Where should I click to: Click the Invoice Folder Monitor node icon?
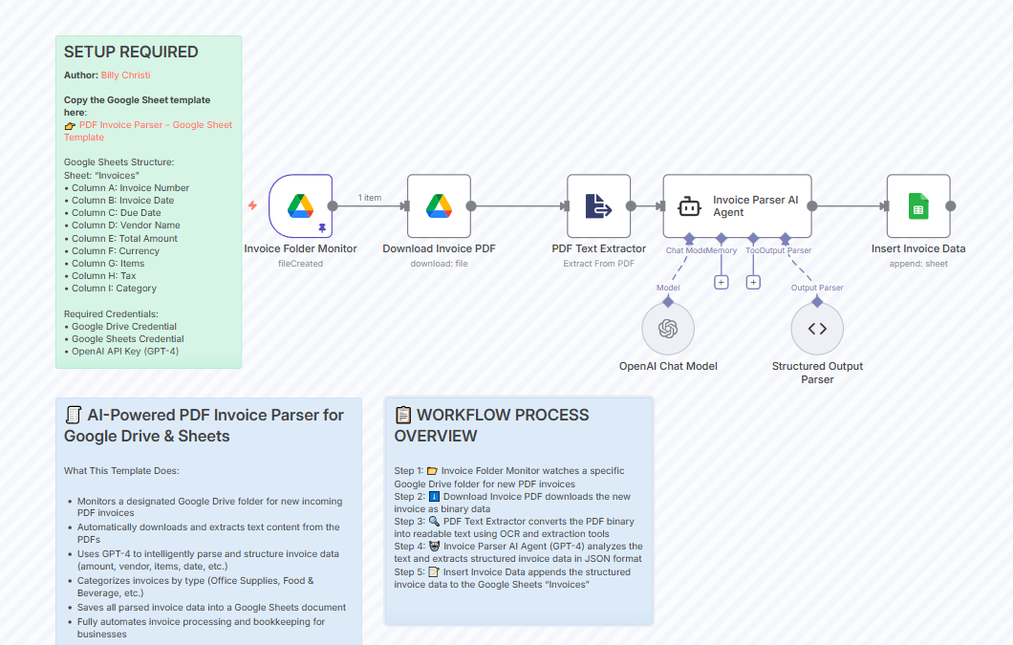[x=300, y=205]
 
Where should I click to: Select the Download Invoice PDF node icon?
[x=439, y=205]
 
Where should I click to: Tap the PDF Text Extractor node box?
[x=598, y=205]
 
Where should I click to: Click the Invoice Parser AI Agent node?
[x=737, y=205]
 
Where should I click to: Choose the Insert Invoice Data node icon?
[x=917, y=205]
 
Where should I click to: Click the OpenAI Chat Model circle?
[x=668, y=329]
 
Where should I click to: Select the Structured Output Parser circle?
[x=817, y=329]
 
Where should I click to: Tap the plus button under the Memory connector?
[x=721, y=282]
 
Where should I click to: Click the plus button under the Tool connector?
[x=753, y=282]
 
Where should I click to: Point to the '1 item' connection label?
[x=370, y=198]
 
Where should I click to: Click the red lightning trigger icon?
[x=252, y=205]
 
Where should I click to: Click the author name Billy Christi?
[x=125, y=75]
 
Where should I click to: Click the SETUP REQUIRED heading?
[x=131, y=53]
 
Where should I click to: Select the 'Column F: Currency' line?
[x=115, y=251]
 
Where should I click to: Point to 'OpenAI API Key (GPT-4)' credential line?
[x=124, y=351]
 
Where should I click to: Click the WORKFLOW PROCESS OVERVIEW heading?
[x=492, y=425]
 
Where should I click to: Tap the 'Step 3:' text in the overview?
[x=409, y=522]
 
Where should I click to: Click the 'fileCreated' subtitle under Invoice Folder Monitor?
[x=300, y=264]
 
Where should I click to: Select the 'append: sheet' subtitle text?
[x=917, y=264]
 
